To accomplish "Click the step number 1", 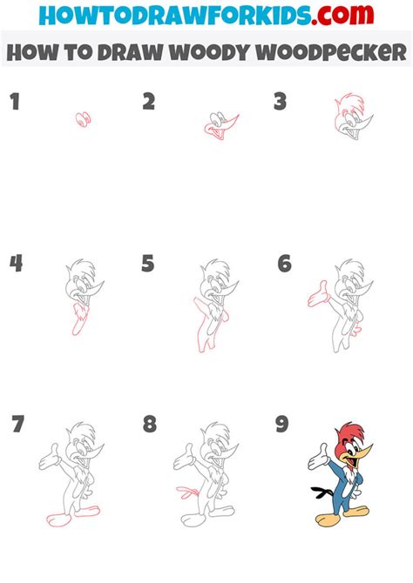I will pos(14,103).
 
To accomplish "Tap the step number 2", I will pos(149,103).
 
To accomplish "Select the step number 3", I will pos(280,103).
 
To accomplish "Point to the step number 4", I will pos(15,263).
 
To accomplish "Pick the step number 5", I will pos(148,263).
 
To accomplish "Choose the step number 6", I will pos(284,263).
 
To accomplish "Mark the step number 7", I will pos(17,426).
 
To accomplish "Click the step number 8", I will pos(150,425).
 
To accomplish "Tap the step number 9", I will pos(281,425).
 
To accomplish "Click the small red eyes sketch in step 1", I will pos(84,119).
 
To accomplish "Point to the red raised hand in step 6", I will pos(316,295).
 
